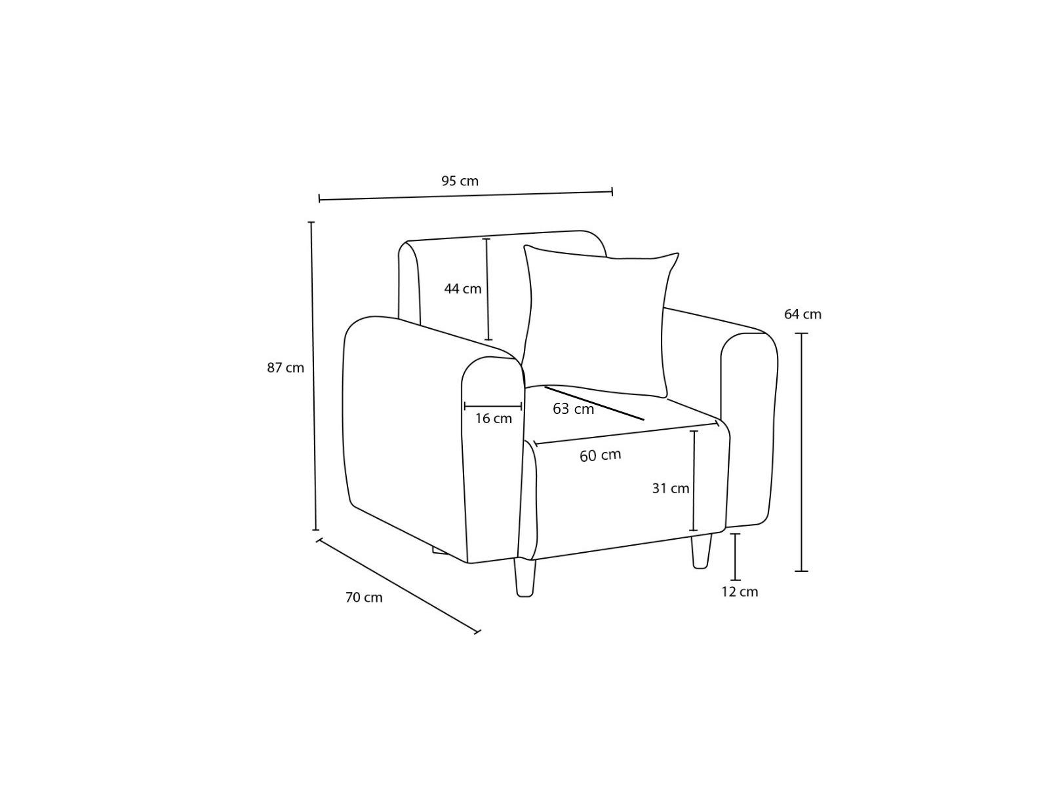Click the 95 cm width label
coord(460,181)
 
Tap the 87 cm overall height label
coord(285,368)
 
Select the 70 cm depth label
coord(364,597)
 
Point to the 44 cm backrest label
coord(463,289)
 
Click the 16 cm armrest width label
coord(493,419)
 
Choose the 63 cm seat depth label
coord(573,409)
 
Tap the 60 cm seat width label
coord(601,456)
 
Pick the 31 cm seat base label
coord(671,488)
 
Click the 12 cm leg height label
coord(740,591)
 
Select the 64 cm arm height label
coord(802,314)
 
